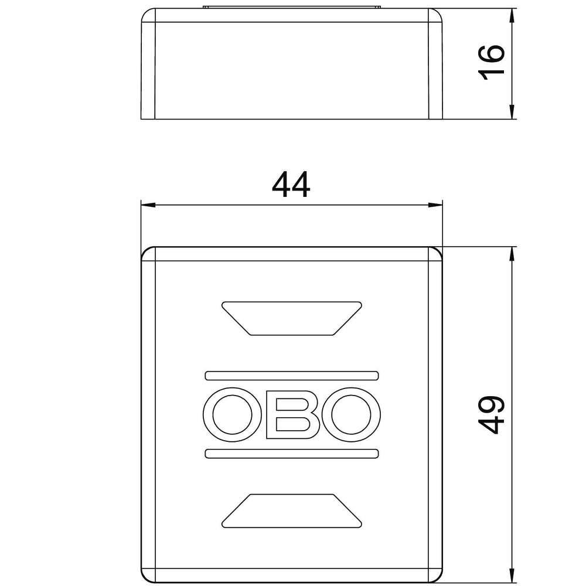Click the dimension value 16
(x=492, y=63)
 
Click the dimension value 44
(x=291, y=184)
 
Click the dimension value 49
(x=492, y=415)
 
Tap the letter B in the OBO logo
(x=292, y=414)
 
